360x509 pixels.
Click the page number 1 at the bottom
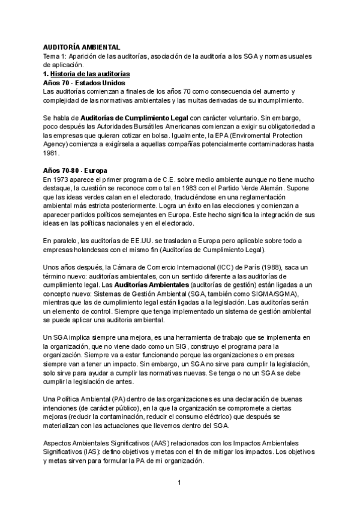[179, 482]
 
